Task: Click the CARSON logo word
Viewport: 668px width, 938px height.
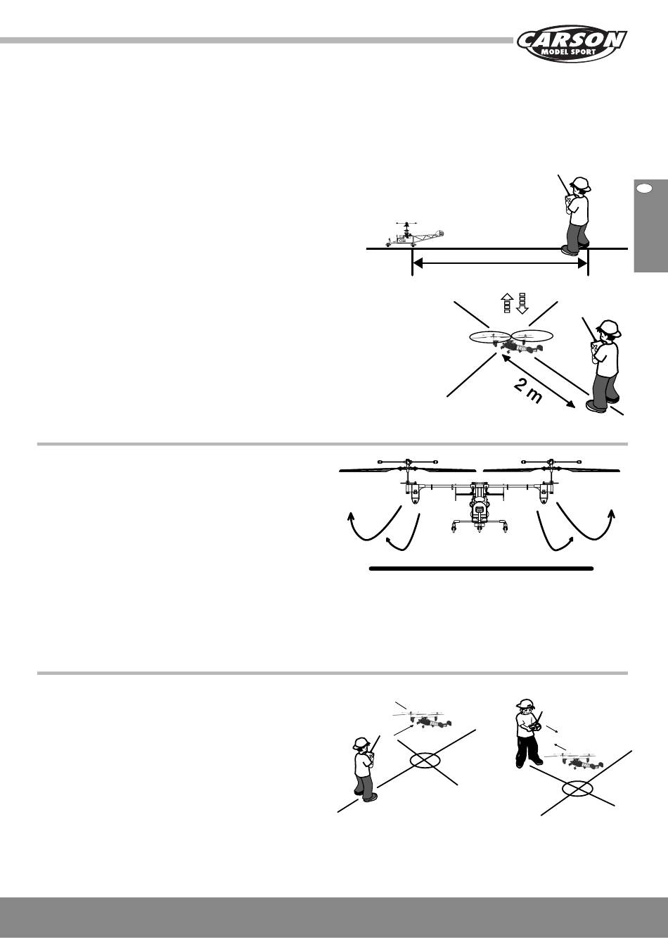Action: point(572,41)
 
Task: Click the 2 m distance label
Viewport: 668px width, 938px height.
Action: point(527,393)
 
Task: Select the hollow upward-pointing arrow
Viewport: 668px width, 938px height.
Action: point(507,303)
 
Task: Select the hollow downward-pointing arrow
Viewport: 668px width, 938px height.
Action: point(522,303)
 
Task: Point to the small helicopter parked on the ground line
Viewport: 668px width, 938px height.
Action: point(414,234)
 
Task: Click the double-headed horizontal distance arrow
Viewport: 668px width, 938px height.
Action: point(500,263)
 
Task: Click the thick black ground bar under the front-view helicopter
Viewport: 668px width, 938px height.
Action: point(482,569)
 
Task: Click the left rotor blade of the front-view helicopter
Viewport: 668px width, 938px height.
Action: point(407,470)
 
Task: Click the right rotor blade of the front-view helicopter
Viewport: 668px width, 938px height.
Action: point(551,470)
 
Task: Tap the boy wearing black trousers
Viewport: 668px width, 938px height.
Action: point(529,733)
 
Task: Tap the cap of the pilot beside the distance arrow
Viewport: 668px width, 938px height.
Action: point(581,183)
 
